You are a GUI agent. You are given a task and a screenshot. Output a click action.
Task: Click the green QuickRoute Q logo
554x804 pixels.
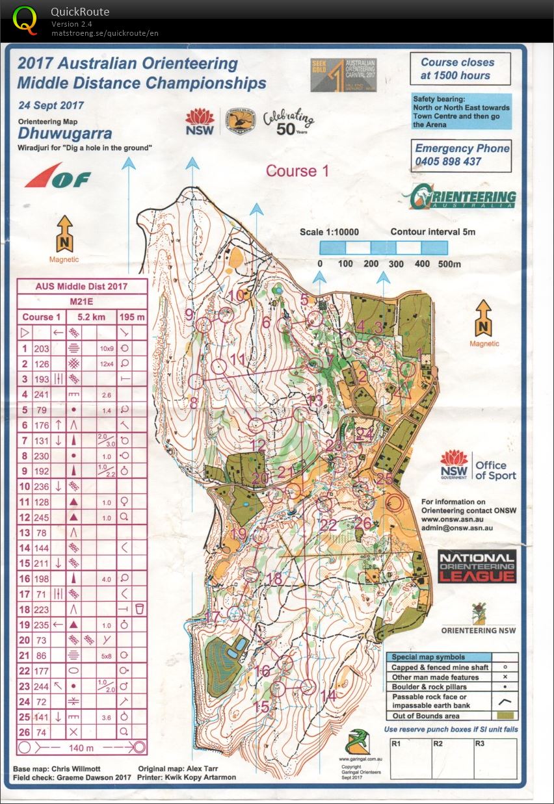25,19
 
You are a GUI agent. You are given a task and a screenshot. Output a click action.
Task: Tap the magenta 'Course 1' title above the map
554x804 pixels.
297,171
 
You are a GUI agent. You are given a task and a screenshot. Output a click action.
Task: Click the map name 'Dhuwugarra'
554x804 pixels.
64,134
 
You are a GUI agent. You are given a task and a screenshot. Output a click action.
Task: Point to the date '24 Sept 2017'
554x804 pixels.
51,105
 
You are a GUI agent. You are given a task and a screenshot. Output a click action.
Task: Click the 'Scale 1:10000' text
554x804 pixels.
329,232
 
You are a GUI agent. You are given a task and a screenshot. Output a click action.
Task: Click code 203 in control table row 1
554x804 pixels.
42,348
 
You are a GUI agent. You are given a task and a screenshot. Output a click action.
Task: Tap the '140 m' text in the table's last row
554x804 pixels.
81,747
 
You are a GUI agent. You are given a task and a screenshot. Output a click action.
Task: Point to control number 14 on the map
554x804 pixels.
328,695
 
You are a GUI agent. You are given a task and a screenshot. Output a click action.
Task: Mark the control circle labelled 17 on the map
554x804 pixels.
235,613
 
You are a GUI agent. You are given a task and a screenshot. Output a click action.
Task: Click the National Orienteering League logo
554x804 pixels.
477,565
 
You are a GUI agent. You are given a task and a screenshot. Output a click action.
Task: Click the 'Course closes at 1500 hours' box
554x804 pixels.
460,69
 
